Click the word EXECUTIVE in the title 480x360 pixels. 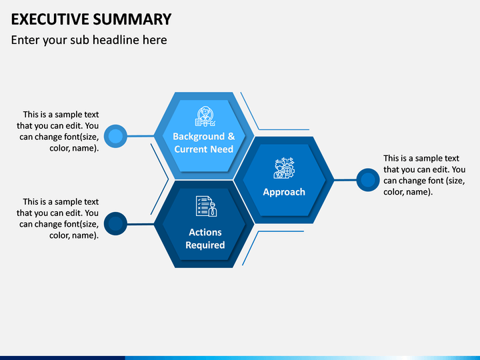click(x=50, y=19)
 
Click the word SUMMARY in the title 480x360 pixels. click(x=132, y=19)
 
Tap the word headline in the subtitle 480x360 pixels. click(x=116, y=40)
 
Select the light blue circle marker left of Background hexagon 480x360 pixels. click(x=115, y=136)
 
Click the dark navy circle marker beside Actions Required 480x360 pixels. click(x=115, y=223)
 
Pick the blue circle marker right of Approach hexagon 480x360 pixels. click(x=368, y=180)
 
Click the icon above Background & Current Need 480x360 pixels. click(x=205, y=116)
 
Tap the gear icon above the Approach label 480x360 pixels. click(x=284, y=168)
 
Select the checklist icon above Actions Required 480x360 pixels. click(x=206, y=206)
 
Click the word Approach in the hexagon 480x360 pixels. click(x=284, y=192)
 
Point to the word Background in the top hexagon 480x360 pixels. click(x=199, y=136)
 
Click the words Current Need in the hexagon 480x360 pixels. click(x=204, y=149)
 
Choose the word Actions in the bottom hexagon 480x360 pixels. click(x=205, y=232)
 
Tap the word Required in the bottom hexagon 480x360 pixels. click(x=205, y=245)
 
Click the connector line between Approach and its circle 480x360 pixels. click(x=345, y=180)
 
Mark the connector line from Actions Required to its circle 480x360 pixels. click(x=141, y=225)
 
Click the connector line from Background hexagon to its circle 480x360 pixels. click(x=141, y=136)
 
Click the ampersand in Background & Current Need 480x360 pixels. click(x=231, y=136)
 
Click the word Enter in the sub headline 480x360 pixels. click(x=25, y=40)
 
